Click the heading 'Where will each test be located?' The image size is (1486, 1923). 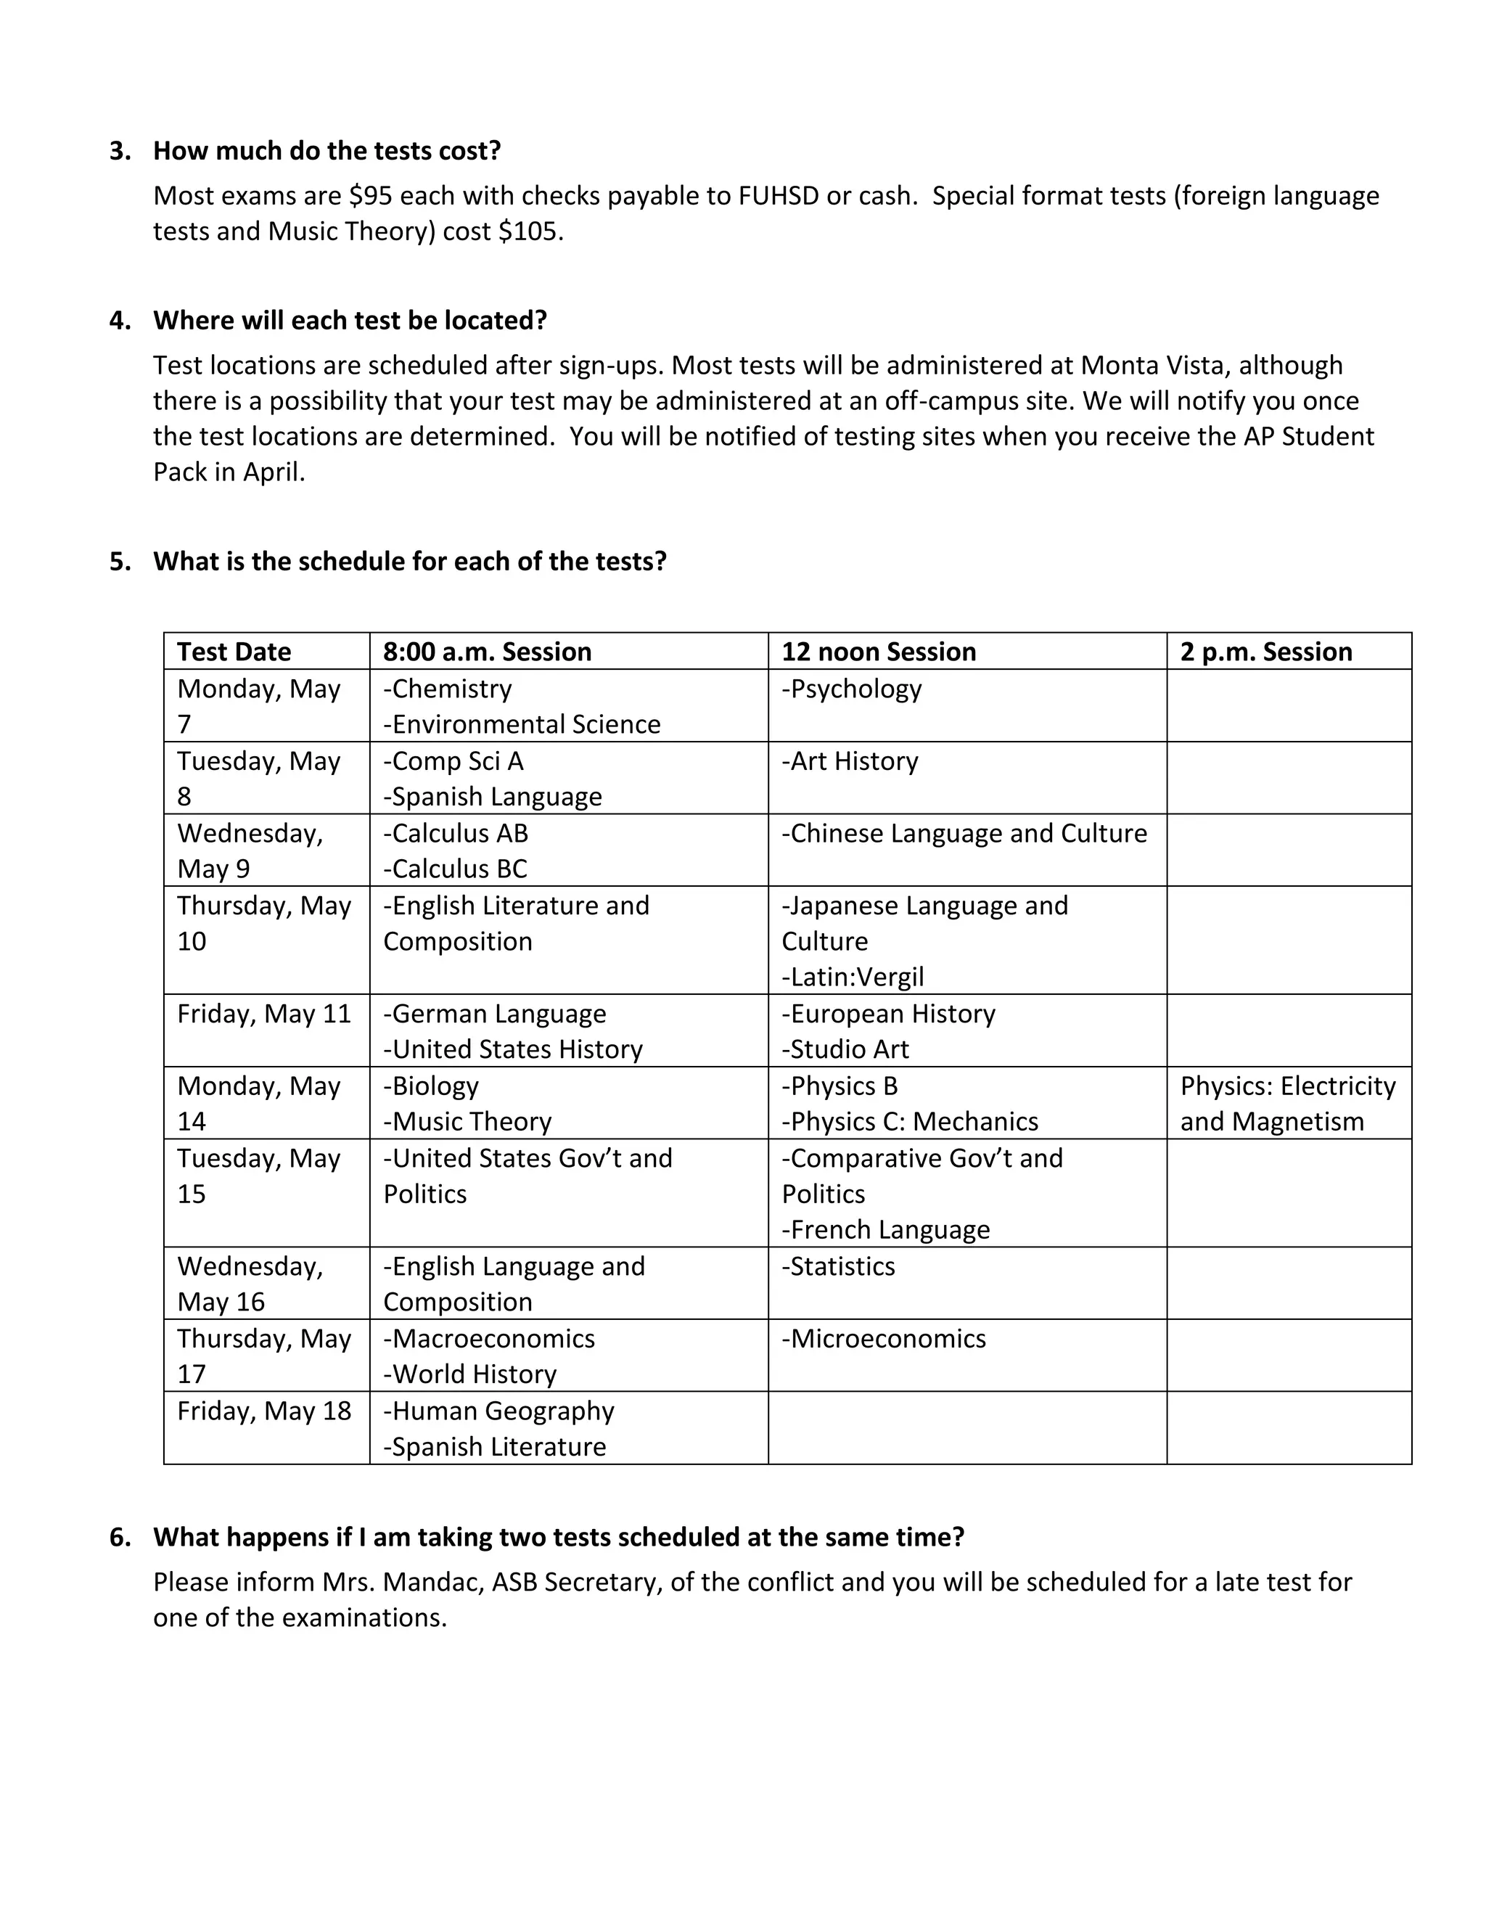tap(350, 321)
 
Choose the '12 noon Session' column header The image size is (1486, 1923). tap(879, 652)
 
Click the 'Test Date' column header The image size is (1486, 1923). tap(234, 652)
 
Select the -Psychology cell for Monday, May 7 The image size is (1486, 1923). tap(851, 689)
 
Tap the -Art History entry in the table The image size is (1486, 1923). tap(850, 760)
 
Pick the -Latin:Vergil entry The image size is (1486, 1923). tap(852, 977)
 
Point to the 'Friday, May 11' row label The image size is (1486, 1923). tap(263, 1014)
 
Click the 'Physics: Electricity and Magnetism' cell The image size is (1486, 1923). tap(1287, 1103)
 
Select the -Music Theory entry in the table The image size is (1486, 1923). tap(467, 1122)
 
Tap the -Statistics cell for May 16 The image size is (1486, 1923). tap(838, 1266)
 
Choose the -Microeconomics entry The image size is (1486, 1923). tap(883, 1338)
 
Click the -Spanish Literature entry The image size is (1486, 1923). tap(494, 1447)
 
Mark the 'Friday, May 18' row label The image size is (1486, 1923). tap(263, 1411)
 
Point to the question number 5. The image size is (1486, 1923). tap(118, 562)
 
